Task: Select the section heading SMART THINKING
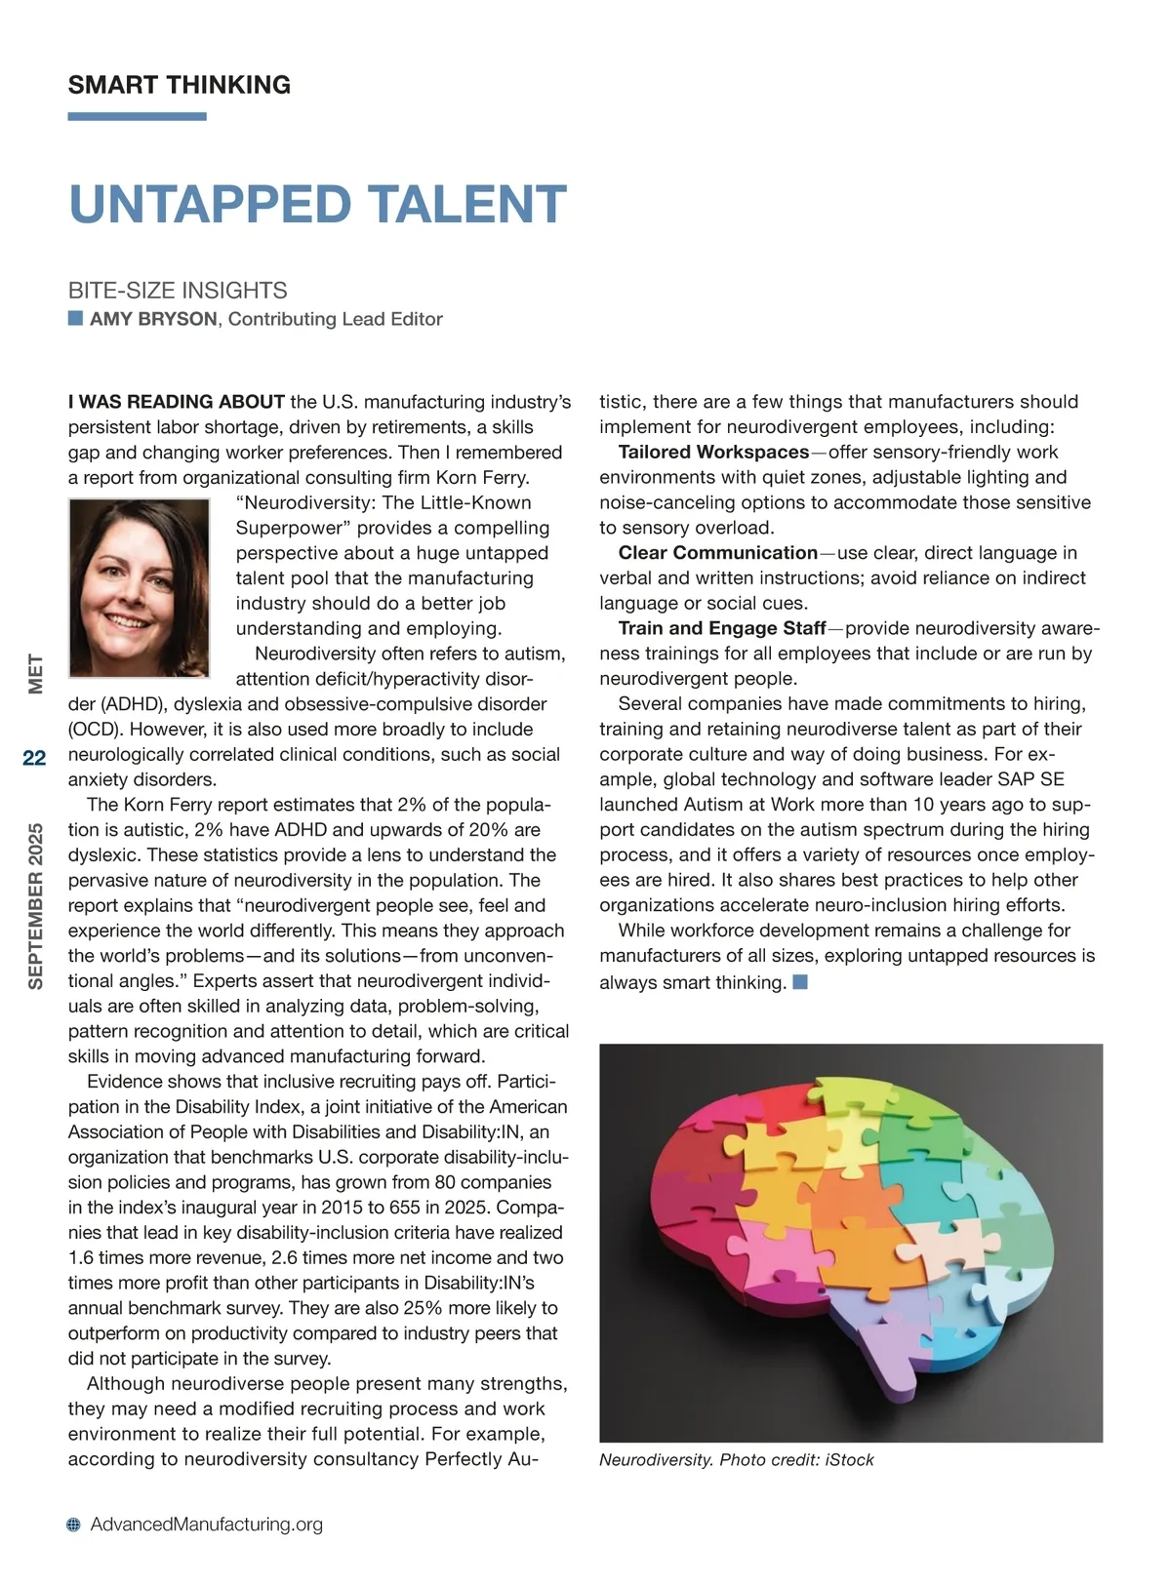click(180, 85)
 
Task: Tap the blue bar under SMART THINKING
click(137, 117)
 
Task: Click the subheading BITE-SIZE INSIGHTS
click(178, 290)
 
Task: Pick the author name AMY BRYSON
click(153, 319)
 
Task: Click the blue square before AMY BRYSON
click(75, 318)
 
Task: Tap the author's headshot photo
click(139, 587)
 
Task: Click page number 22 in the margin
click(34, 758)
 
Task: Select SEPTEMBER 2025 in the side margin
click(35, 906)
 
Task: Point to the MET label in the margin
click(35, 673)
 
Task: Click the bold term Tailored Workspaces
click(713, 452)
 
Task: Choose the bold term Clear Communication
click(717, 552)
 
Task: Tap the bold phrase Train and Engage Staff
click(722, 628)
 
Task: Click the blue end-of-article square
click(800, 981)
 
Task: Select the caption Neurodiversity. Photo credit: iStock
click(736, 1459)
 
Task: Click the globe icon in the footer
click(74, 1525)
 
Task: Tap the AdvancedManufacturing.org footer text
click(206, 1524)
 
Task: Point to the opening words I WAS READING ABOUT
click(177, 402)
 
